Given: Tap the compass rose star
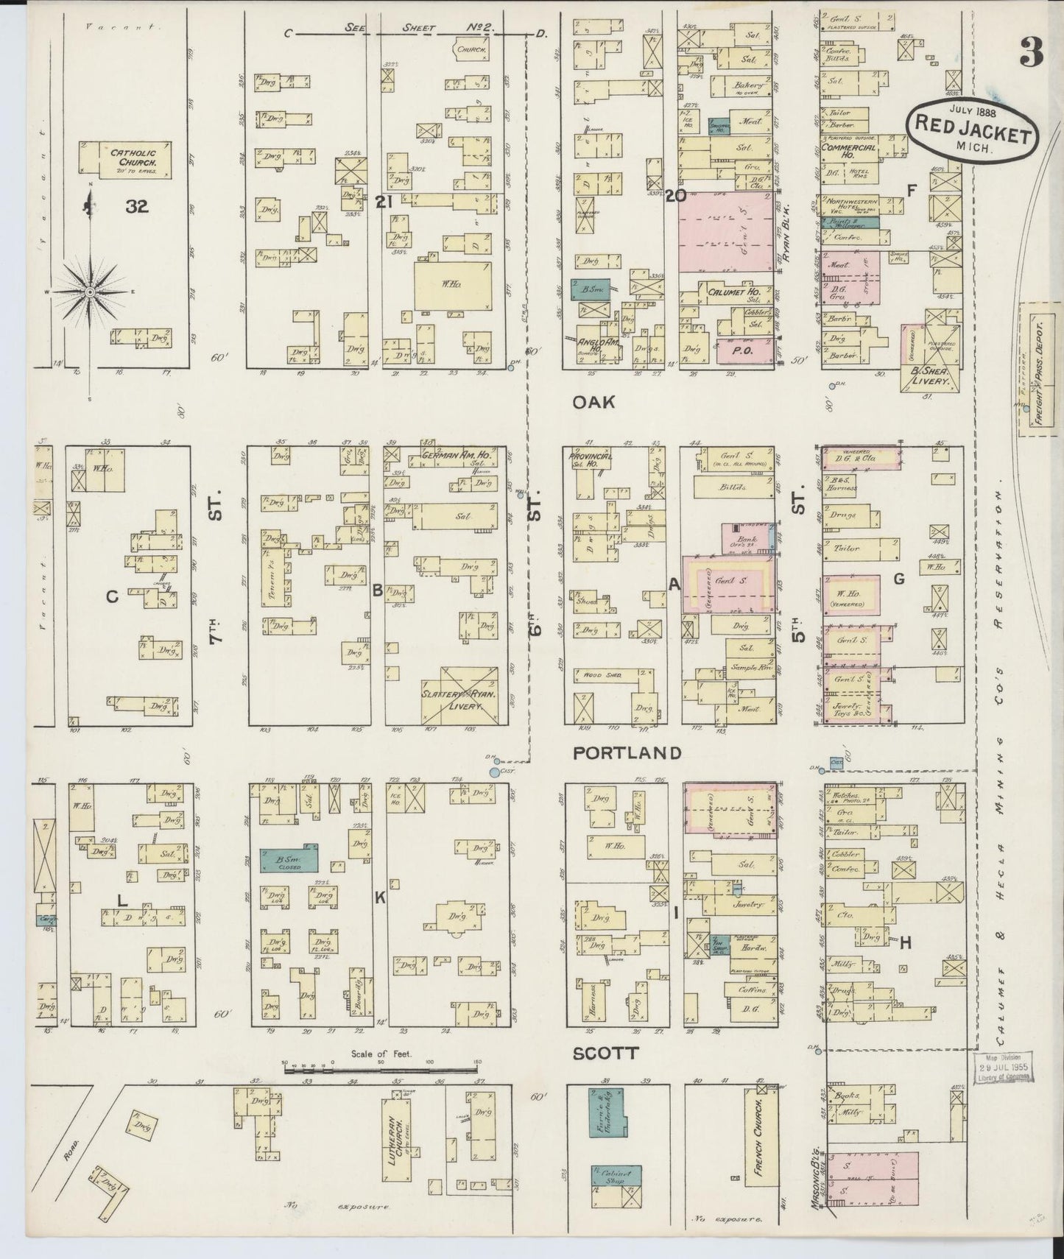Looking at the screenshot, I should point(88,292).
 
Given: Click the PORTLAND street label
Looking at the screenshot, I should point(627,752).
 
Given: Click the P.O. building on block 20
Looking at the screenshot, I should point(739,351).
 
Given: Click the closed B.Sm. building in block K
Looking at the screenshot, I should point(289,861).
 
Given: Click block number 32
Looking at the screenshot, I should point(137,207).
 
